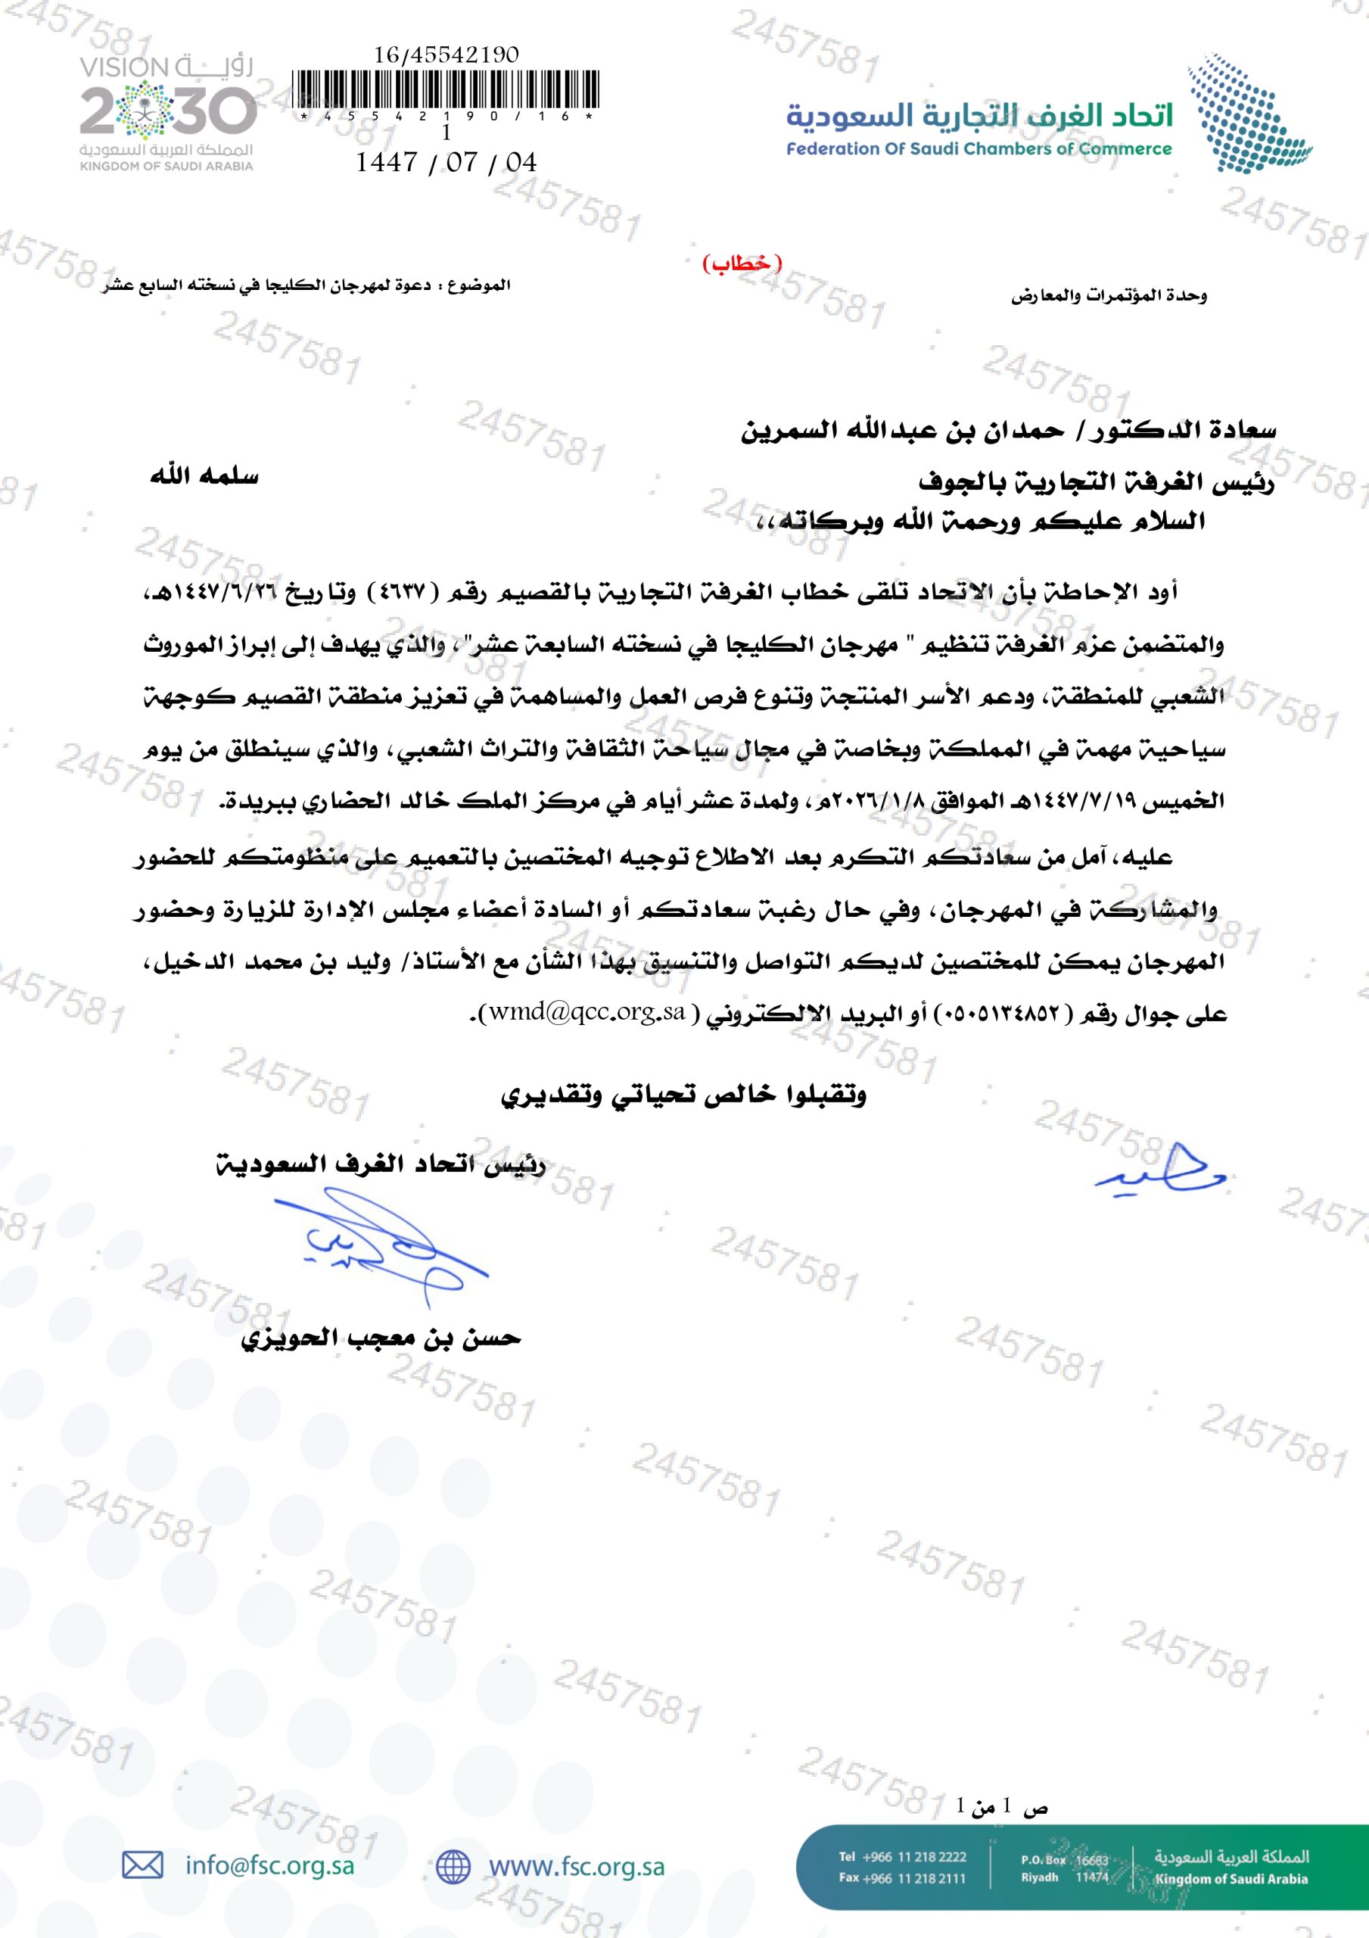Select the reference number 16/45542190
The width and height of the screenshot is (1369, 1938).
pyautogui.click(x=446, y=55)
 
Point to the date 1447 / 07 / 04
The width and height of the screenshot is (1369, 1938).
pyautogui.click(x=446, y=162)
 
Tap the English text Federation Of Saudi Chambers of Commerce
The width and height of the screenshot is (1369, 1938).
pyautogui.click(x=979, y=149)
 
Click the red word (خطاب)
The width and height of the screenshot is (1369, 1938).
pyautogui.click(x=742, y=263)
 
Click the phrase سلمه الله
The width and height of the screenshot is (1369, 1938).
pyautogui.click(x=204, y=477)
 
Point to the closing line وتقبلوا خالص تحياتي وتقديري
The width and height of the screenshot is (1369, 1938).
pyautogui.click(x=683, y=1095)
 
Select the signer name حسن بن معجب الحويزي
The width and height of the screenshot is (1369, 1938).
pyautogui.click(x=381, y=1338)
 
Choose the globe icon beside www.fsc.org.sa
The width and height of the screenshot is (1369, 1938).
pyautogui.click(x=453, y=1866)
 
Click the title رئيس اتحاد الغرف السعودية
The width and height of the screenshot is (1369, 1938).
pyautogui.click(x=381, y=1166)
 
